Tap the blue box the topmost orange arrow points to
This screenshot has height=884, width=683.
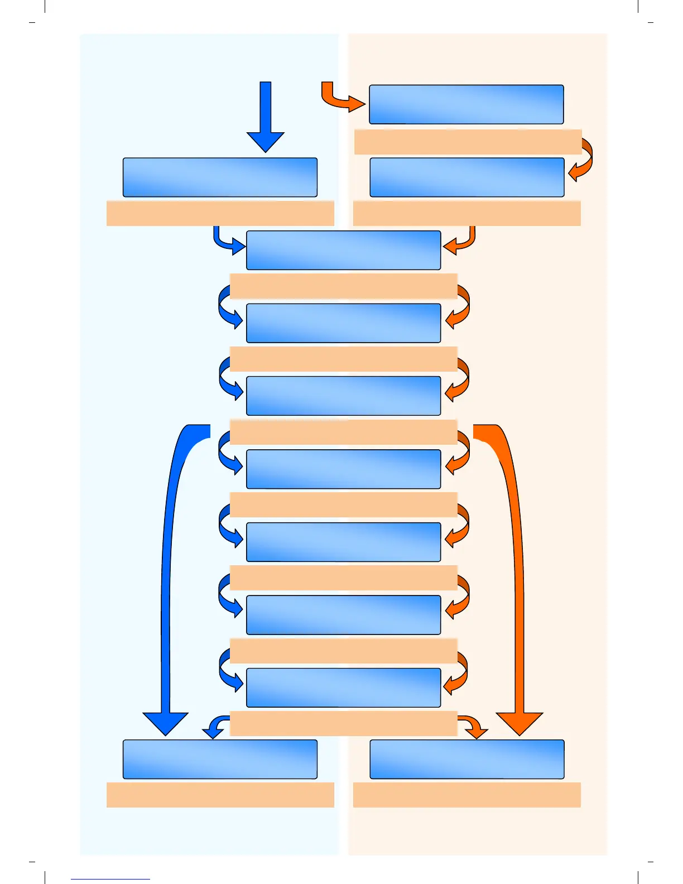(466, 104)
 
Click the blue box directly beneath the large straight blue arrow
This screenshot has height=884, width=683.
(220, 177)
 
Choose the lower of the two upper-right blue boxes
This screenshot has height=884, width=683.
(467, 177)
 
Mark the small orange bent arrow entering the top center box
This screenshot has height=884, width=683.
(461, 242)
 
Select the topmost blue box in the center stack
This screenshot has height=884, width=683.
(344, 250)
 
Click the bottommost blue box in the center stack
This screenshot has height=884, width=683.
(344, 688)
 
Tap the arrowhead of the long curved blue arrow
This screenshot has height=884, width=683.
(166, 723)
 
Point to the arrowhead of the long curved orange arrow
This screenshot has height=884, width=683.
(520, 723)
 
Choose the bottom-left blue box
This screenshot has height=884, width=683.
(220, 760)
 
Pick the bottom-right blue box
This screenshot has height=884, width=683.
(467, 760)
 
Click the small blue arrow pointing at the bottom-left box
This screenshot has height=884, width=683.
(215, 727)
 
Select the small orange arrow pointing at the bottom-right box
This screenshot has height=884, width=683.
(473, 727)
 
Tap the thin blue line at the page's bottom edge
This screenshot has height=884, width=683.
(110, 879)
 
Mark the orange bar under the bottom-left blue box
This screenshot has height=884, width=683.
(220, 795)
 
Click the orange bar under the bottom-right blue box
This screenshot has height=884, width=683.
(467, 795)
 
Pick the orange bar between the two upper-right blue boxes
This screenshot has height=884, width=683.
(468, 142)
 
